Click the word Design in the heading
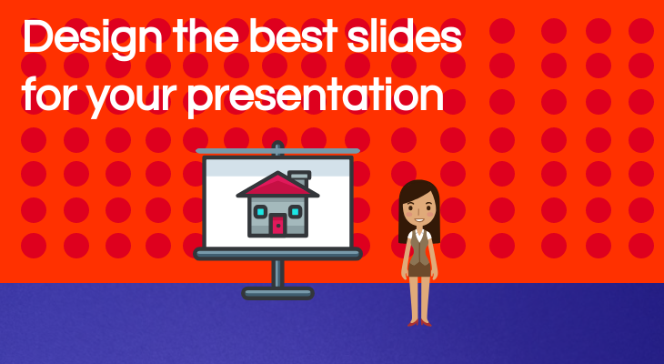pos(93,37)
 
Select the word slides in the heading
pos(405,35)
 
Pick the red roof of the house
pos(277,185)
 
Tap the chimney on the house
pos(300,178)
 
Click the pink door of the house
pos(277,225)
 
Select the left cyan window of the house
pos(260,211)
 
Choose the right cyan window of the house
pos(295,211)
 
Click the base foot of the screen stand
pos(277,293)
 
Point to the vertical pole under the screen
pos(277,273)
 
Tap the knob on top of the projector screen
pos(277,146)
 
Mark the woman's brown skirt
pos(419,270)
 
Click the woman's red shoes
pos(419,323)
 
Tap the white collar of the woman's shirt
pos(418,235)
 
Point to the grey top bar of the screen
pos(277,151)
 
